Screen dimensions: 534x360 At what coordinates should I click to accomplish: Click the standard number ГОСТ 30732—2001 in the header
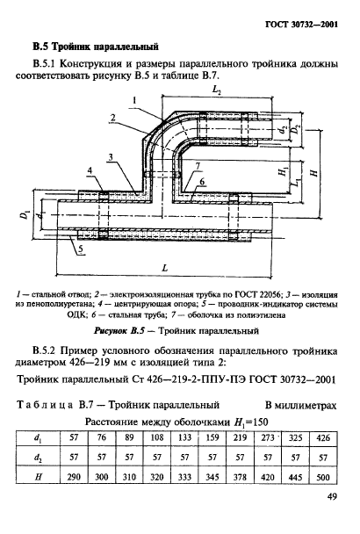click(x=298, y=22)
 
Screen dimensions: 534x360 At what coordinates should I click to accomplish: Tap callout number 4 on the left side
click(x=91, y=169)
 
